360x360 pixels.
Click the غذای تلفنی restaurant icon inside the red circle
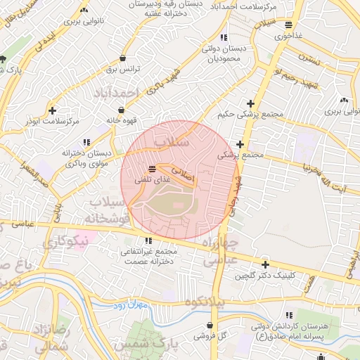[x=153, y=168]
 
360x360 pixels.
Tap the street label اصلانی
[x=181, y=175]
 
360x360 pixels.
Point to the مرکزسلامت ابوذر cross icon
[x=53, y=110]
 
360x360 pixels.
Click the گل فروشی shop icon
[x=212, y=326]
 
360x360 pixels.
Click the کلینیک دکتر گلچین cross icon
[x=264, y=265]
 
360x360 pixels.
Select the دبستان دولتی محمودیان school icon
[x=224, y=37]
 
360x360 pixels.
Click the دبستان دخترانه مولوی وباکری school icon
[x=87, y=141]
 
